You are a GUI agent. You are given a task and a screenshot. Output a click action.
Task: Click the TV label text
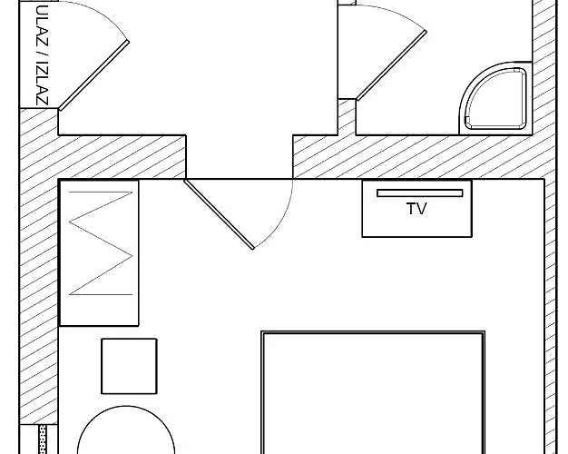pyautogui.click(x=416, y=209)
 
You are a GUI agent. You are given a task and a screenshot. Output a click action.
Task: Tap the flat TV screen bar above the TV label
pyautogui.click(x=420, y=192)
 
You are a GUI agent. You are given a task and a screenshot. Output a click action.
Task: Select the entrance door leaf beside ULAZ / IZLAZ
pyautogui.click(x=93, y=75)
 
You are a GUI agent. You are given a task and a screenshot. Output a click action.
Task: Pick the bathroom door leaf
pyautogui.click(x=391, y=65)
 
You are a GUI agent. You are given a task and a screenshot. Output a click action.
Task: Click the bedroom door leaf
pyautogui.click(x=219, y=214)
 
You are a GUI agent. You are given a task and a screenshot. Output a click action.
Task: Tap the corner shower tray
pyautogui.click(x=495, y=98)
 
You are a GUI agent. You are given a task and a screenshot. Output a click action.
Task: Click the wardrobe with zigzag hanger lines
pyautogui.click(x=99, y=252)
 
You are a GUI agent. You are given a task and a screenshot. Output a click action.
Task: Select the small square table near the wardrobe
pyautogui.click(x=129, y=366)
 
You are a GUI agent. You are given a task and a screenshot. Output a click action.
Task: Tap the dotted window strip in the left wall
pyautogui.click(x=43, y=439)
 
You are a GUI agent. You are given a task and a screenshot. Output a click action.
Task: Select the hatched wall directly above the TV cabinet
pyautogui.click(x=416, y=157)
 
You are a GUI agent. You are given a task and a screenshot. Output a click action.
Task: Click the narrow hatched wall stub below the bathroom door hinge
pyautogui.click(x=347, y=117)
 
